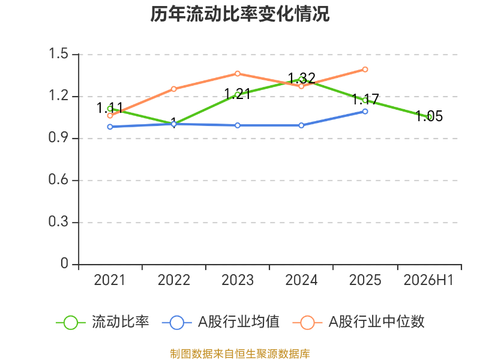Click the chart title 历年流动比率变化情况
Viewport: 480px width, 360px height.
pyautogui.click(x=239, y=14)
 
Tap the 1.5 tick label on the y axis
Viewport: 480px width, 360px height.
pyautogui.click(x=58, y=53)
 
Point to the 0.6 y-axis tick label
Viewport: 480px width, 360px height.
pyautogui.click(x=58, y=179)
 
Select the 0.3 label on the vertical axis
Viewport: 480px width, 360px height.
pyautogui.click(x=58, y=221)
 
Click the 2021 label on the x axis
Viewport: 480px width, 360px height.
pyautogui.click(x=110, y=280)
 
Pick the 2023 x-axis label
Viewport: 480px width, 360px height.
pyautogui.click(x=238, y=280)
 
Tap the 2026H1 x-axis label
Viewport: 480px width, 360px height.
pyautogui.click(x=428, y=280)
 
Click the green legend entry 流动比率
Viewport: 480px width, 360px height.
pyautogui.click(x=103, y=322)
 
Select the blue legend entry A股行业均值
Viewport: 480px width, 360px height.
pyautogui.click(x=220, y=322)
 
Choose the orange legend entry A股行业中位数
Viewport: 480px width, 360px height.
pyautogui.click(x=358, y=322)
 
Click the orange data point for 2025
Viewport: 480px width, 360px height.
pyautogui.click(x=365, y=70)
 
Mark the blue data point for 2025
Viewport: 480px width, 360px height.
pyautogui.click(x=365, y=112)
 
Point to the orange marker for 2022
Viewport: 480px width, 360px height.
pyautogui.click(x=173, y=89)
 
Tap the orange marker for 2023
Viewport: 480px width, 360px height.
pyautogui.click(x=238, y=73)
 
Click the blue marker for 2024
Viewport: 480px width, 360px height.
pyautogui.click(x=301, y=125)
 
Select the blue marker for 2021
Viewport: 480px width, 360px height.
pyautogui.click(x=110, y=127)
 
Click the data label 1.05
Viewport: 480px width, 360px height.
pyautogui.click(x=429, y=116)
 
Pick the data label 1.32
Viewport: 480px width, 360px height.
pyautogui.click(x=302, y=79)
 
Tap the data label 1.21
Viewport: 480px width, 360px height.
pyautogui.click(x=237, y=94)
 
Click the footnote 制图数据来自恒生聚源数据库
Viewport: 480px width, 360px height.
pyautogui.click(x=240, y=354)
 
